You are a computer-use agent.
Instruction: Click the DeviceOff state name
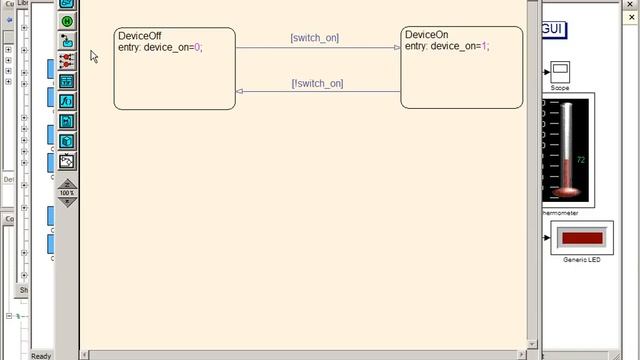[139, 36]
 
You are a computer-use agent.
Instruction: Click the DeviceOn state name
[426, 35]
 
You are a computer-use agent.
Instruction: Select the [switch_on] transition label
[314, 38]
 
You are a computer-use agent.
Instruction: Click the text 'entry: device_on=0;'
[160, 47]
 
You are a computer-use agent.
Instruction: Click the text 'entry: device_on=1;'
[448, 46]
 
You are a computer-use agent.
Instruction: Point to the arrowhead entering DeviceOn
[397, 47]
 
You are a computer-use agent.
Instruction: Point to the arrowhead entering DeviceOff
[240, 92]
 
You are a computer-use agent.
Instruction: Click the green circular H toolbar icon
[67, 21]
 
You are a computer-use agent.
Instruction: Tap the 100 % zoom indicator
[67, 193]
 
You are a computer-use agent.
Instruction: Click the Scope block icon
[560, 71]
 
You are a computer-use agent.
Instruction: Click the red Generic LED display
[581, 238]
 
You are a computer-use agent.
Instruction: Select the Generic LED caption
[581, 260]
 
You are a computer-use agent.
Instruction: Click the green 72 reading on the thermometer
[580, 160]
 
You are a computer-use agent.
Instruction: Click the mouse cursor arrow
[94, 56]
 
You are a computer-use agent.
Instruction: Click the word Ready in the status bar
[41, 355]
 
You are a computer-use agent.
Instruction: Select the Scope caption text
[559, 88]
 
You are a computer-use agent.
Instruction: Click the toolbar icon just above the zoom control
[67, 160]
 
